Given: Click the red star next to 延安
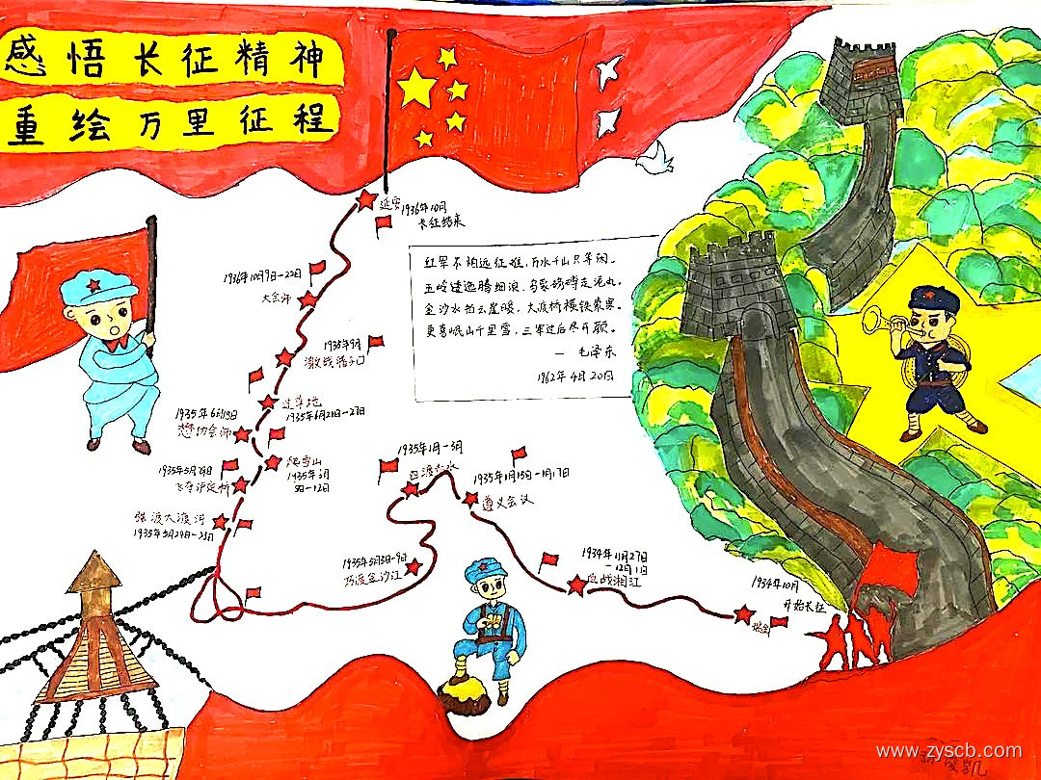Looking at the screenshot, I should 366,199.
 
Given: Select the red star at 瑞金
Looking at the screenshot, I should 743,613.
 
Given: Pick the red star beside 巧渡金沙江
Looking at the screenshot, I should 414,567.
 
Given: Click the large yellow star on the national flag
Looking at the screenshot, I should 417,88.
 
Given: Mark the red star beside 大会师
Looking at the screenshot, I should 307,299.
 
